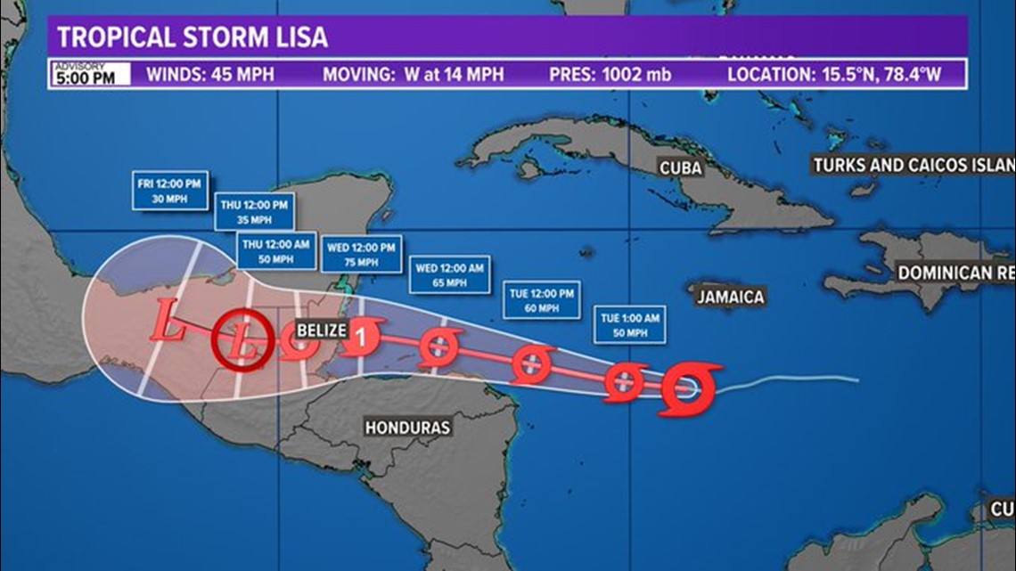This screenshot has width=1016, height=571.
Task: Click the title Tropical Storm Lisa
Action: pyautogui.click(x=193, y=37)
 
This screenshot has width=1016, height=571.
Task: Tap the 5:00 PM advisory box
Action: pyautogui.click(x=89, y=74)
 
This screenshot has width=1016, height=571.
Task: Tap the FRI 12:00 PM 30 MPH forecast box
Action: pyautogui.click(x=170, y=190)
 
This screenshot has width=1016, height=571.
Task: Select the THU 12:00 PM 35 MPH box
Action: pyautogui.click(x=254, y=212)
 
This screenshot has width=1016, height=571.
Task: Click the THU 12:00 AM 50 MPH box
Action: pyautogui.click(x=276, y=250)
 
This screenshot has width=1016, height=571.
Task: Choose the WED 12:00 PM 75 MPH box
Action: pyautogui.click(x=363, y=254)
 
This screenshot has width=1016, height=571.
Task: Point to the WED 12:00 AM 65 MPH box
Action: pyautogui.click(x=450, y=274)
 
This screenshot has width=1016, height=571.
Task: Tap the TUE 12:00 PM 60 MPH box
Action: pyautogui.click(x=541, y=299)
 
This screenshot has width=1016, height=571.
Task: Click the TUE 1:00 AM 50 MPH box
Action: pyautogui.click(x=630, y=324)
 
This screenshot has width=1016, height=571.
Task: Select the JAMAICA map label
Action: pyautogui.click(x=731, y=297)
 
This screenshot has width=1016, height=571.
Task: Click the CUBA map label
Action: pyautogui.click(x=682, y=167)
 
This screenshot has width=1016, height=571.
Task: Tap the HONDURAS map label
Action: pyautogui.click(x=407, y=428)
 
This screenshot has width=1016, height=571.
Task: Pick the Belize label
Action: pyautogui.click(x=321, y=330)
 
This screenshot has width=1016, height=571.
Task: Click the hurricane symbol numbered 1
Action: pyautogui.click(x=361, y=337)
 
